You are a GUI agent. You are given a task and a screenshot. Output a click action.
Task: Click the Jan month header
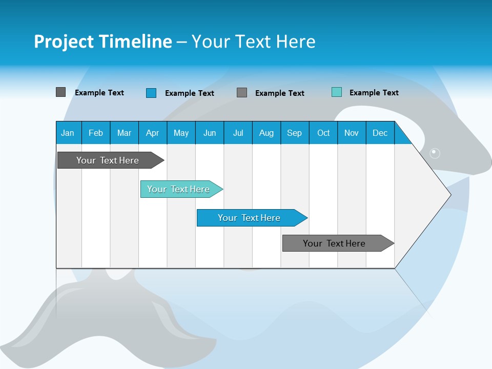68,133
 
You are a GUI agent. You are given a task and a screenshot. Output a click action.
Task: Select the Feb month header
96,133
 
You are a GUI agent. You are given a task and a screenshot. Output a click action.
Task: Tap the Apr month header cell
153,133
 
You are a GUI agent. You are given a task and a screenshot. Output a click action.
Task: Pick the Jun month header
210,133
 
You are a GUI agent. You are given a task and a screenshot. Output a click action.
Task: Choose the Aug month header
266,133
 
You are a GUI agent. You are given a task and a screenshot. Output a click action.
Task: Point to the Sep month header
295,133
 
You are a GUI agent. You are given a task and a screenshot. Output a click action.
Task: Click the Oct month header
323,133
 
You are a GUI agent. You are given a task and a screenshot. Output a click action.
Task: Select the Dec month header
380,133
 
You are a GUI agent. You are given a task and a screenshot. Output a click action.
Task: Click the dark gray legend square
61,92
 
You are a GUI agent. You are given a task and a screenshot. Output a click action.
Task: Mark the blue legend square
151,93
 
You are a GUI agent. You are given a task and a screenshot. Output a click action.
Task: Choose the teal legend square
337,92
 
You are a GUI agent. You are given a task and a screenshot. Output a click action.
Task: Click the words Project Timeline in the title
102,42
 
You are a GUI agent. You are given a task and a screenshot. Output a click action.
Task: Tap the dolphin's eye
435,153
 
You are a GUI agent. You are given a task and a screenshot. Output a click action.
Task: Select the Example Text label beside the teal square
374,93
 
